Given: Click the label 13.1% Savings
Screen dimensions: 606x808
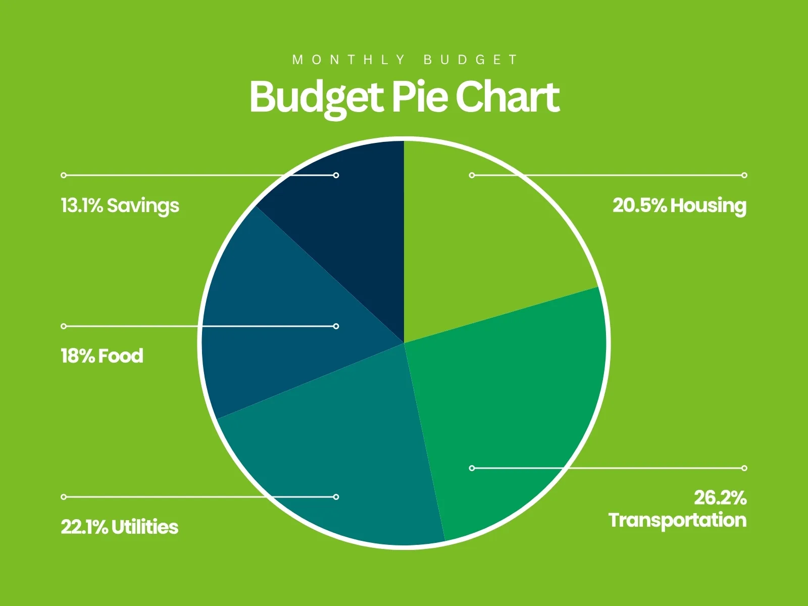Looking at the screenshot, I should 120,206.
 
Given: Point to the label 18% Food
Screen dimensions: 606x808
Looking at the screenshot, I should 102,356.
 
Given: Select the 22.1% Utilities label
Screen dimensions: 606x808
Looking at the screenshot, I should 120,527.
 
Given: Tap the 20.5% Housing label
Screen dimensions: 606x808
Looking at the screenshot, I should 679,206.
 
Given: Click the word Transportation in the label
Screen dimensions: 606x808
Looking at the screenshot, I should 677,520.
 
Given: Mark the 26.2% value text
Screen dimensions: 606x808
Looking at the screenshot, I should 720,498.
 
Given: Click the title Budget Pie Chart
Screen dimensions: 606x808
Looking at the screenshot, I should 404,97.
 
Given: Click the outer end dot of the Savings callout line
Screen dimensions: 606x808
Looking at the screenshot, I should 64,175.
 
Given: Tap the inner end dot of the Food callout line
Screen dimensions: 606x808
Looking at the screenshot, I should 336,326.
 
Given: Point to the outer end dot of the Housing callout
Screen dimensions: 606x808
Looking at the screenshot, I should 744,175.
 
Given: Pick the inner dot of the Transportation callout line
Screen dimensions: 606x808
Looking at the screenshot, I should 472,468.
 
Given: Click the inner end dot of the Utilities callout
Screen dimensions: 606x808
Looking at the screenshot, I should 336,497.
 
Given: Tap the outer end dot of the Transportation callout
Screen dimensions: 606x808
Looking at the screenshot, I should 744,468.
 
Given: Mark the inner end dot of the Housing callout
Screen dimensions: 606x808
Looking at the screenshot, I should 472,175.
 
